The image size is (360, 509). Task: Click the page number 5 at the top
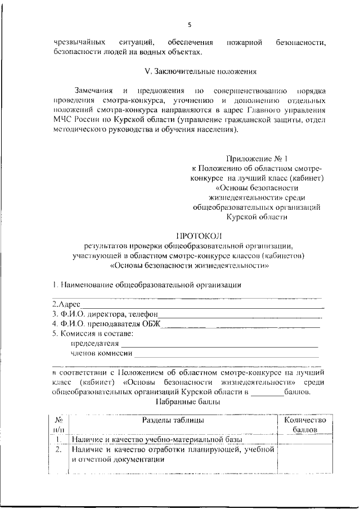point(190,24)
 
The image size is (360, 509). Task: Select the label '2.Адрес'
point(66,304)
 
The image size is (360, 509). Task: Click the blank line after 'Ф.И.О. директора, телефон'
point(239,314)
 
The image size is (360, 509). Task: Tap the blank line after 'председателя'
point(219,343)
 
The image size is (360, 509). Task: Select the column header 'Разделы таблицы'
point(173,420)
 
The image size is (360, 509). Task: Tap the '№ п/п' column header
point(58,425)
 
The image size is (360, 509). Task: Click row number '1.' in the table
point(58,439)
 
